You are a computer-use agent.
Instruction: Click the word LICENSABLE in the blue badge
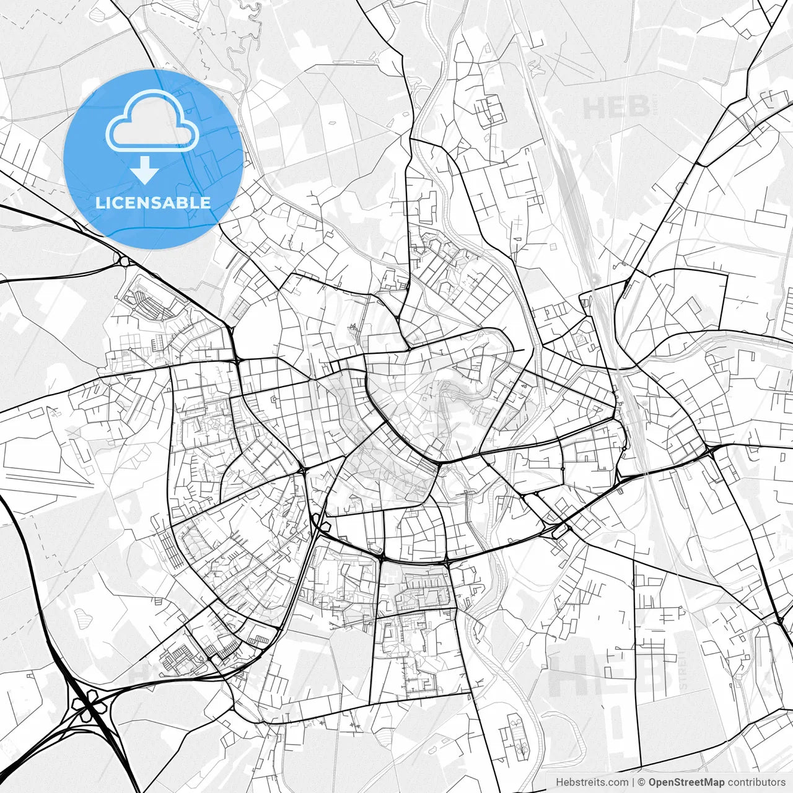tap(153, 203)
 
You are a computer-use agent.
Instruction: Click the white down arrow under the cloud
tap(145, 170)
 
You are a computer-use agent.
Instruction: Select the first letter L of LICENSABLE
tap(99, 203)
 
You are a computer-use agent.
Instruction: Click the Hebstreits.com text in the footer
tap(592, 782)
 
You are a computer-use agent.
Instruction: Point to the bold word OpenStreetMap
tap(686, 782)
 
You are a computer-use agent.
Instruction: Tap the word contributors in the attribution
tap(756, 782)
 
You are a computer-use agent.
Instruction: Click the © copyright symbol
tap(642, 782)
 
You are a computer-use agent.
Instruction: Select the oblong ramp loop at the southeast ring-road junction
tap(559, 530)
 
